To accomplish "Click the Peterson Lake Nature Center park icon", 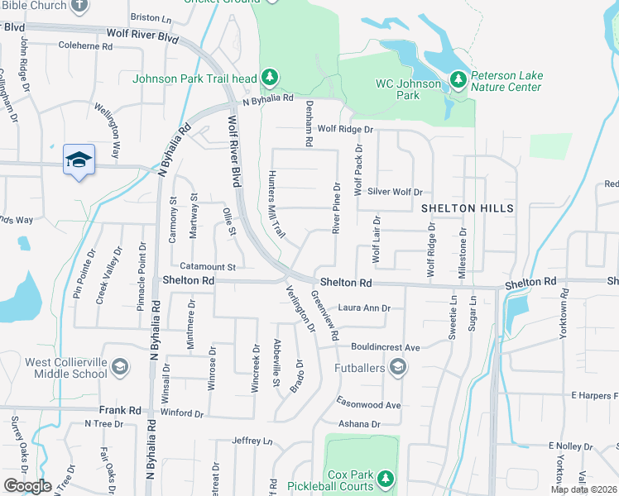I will coord(458,80).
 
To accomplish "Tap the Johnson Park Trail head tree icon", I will coord(269,78).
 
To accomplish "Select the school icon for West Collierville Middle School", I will coord(120,366).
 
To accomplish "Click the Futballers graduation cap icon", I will coord(398,366).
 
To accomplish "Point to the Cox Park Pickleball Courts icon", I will coord(384,478).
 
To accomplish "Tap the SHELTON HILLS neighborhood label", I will coord(467,207).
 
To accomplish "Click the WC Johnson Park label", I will coord(409,89).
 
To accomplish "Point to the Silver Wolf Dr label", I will coord(395,191).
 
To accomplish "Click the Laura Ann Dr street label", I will coord(363,308).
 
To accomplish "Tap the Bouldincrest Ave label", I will coord(386,346).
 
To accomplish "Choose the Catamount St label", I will coord(208,267).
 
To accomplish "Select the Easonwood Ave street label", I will coord(368,404).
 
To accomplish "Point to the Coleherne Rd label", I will coord(85,46).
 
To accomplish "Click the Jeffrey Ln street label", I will coord(252,441).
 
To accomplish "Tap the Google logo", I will coord(27,486).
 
